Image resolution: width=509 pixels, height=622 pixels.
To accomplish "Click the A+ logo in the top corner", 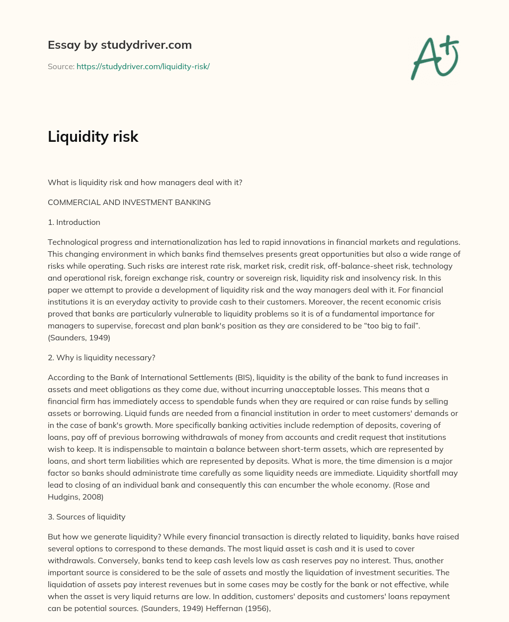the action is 434,58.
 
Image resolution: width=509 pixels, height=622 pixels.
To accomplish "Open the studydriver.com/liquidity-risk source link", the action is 143,66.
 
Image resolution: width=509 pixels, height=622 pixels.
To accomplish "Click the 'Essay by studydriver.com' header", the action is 119,45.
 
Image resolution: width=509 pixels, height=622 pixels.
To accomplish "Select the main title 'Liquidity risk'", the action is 93,136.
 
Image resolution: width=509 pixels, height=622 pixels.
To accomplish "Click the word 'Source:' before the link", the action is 61,66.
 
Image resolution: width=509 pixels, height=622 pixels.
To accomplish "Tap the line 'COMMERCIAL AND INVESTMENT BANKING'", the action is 129,202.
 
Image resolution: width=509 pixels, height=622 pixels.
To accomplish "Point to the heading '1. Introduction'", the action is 74,222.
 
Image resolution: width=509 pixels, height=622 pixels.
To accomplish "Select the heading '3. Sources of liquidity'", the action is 86,517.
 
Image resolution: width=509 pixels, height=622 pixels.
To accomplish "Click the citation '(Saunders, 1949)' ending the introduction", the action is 79,337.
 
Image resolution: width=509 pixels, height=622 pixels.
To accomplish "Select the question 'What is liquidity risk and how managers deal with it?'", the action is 145,182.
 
